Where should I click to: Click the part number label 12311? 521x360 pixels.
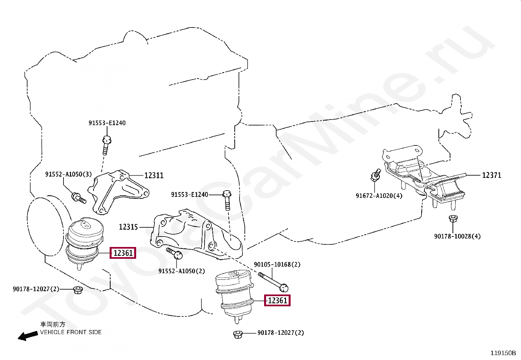[x=154, y=176]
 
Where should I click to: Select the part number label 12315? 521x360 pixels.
[x=128, y=227]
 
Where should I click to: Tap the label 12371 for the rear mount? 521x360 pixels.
[x=492, y=175]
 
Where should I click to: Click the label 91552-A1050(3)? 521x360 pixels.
[x=68, y=174]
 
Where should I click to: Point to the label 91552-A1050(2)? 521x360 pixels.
[x=182, y=271]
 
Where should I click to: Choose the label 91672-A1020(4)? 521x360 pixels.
[x=379, y=196]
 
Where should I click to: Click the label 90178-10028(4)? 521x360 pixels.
[x=457, y=236]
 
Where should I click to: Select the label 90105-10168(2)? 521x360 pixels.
[x=277, y=264]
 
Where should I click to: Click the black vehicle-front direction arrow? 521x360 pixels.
[x=27, y=336]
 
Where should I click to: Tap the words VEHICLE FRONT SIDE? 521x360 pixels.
[x=71, y=332]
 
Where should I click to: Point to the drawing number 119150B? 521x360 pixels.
[x=503, y=353]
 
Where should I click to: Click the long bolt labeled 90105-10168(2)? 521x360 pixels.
[x=273, y=281]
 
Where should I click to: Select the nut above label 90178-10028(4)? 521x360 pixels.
[x=453, y=218]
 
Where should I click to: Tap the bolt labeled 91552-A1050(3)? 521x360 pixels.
[x=79, y=198]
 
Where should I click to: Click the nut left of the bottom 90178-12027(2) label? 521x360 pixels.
[x=238, y=334]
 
